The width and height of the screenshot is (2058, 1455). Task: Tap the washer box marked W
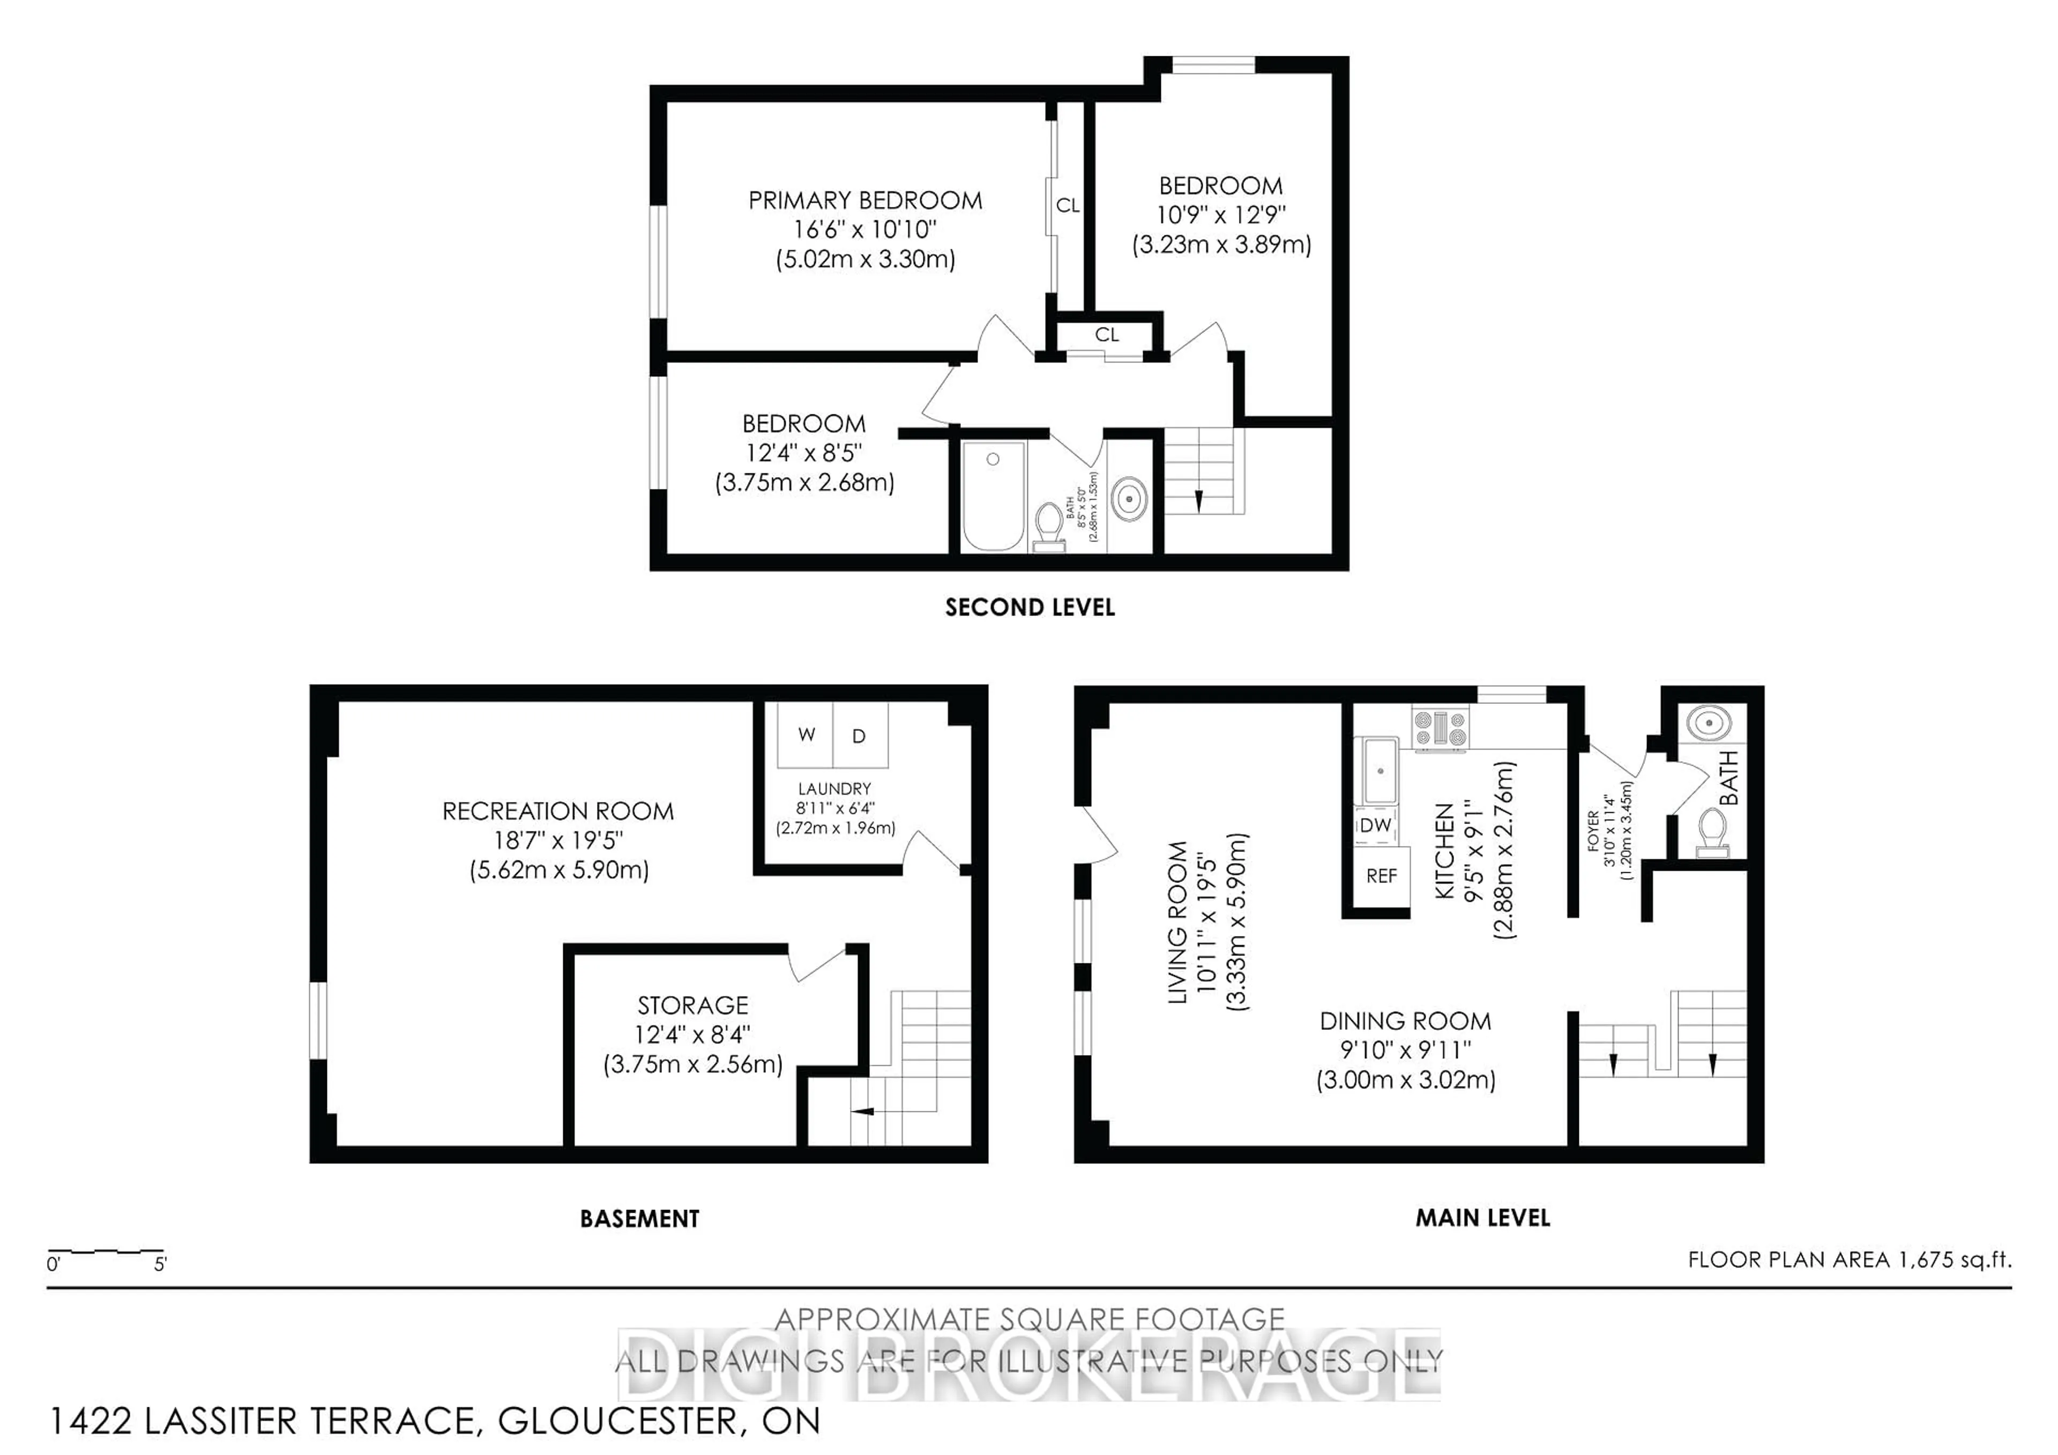806,735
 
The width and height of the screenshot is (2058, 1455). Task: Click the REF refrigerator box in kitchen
1381,876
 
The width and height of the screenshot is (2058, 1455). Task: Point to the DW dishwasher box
1375,825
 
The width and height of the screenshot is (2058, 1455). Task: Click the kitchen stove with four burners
1441,728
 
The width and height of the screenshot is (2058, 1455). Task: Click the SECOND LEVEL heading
1030,608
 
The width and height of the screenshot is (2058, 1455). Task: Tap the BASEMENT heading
639,1219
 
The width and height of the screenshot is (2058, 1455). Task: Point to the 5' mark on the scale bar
160,1264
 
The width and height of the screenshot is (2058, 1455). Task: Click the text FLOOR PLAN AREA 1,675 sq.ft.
1849,1259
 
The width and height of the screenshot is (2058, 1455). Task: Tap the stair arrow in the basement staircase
862,1112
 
